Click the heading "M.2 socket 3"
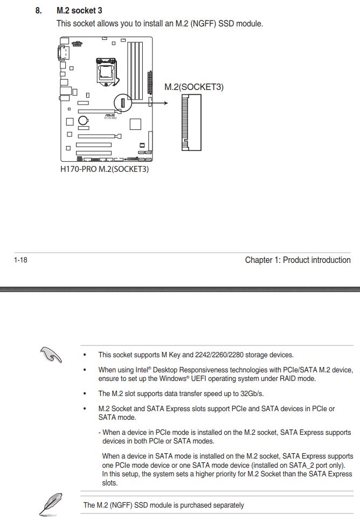click(x=79, y=11)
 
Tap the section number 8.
click(x=38, y=11)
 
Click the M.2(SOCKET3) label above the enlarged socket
click(x=193, y=87)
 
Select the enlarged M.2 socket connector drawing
click(x=191, y=122)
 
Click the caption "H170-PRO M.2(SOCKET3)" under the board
click(x=104, y=169)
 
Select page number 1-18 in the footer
click(x=20, y=260)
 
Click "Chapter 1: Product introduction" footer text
click(x=297, y=260)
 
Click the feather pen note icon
click(x=48, y=504)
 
